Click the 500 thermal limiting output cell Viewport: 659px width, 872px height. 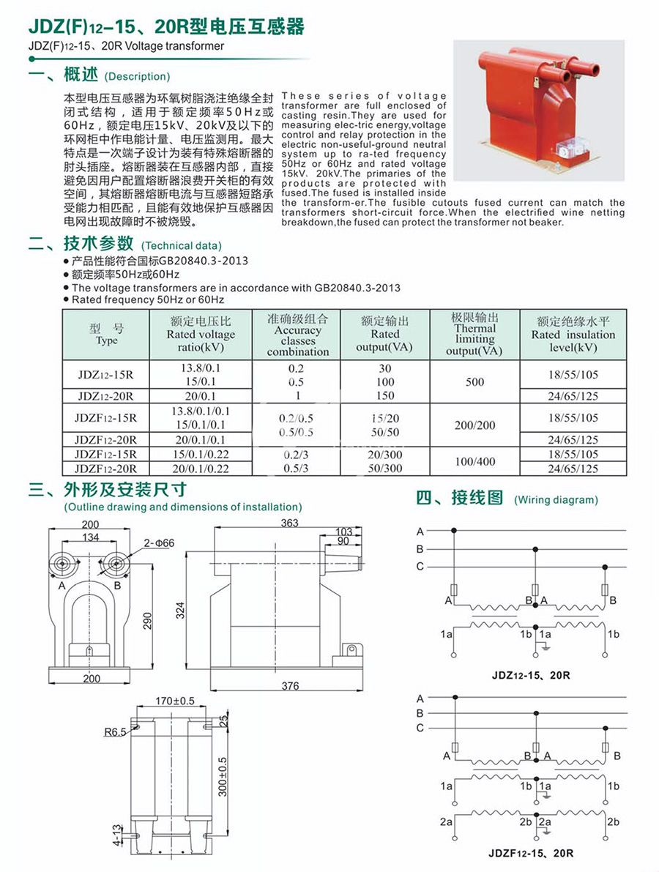[x=474, y=381]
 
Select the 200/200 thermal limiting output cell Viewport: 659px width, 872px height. [x=474, y=425]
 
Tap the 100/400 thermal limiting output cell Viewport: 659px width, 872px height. [x=474, y=461]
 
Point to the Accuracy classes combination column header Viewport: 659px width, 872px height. [x=298, y=335]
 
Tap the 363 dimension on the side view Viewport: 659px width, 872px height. [x=288, y=523]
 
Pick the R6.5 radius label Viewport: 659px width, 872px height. [x=114, y=731]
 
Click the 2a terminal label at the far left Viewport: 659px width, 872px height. [x=446, y=822]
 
